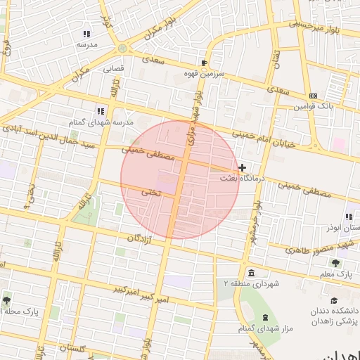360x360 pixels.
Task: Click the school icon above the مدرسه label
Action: tap(86, 34)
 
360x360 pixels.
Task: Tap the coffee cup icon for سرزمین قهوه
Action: tap(203, 63)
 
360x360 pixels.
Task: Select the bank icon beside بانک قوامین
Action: tap(313, 96)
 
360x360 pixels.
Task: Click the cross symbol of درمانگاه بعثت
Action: tap(243, 167)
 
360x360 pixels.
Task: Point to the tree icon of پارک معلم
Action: tap(335, 262)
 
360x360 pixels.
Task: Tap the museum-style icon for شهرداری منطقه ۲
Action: tap(252, 273)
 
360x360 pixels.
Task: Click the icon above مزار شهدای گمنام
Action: tap(265, 318)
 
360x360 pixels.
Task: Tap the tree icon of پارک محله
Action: tap(7, 300)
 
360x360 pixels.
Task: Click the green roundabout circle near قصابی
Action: tap(122, 49)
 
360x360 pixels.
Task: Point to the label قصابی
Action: tap(113, 69)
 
